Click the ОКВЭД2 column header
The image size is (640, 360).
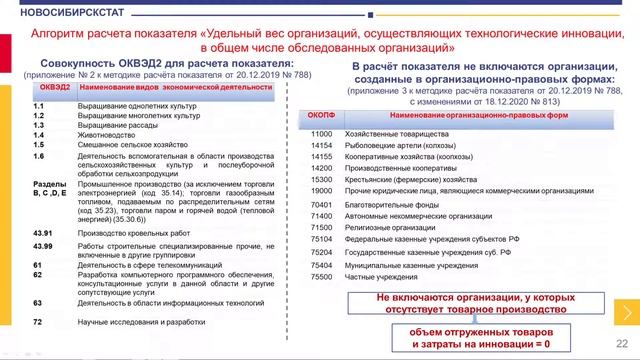tap(51, 89)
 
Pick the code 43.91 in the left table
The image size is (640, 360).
tap(41, 233)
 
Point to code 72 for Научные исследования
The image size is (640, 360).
tap(37, 322)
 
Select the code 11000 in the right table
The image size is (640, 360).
tap(322, 133)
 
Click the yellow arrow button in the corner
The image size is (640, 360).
tap(627, 313)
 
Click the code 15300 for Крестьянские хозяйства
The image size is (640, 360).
tap(322, 179)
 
